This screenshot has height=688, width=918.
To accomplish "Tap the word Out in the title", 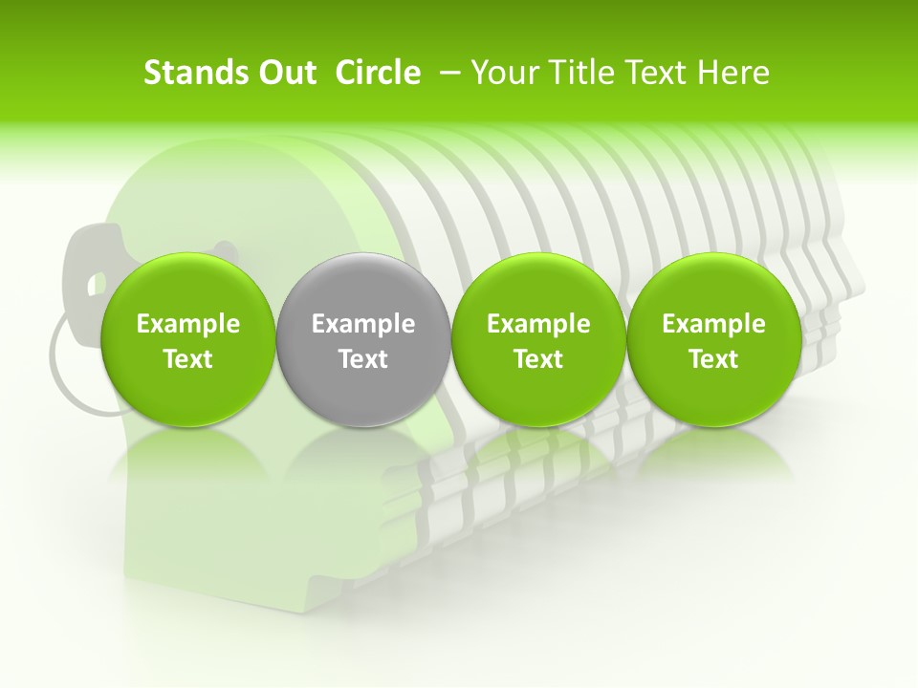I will (285, 73).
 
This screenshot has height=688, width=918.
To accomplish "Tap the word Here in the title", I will (734, 73).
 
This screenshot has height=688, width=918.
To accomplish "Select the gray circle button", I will (363, 340).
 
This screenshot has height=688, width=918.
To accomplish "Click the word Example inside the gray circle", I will (363, 324).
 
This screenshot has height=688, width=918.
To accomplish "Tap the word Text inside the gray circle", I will (363, 359).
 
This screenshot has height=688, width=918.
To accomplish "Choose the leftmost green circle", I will (188, 340).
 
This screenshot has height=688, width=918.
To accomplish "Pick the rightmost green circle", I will (713, 340).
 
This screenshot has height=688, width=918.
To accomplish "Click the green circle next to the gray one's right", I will (538, 340).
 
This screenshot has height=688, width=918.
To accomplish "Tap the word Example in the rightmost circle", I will (713, 324).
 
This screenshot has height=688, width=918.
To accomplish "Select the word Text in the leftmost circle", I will (188, 359).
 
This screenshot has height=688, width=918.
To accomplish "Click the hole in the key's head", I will (96, 283).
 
